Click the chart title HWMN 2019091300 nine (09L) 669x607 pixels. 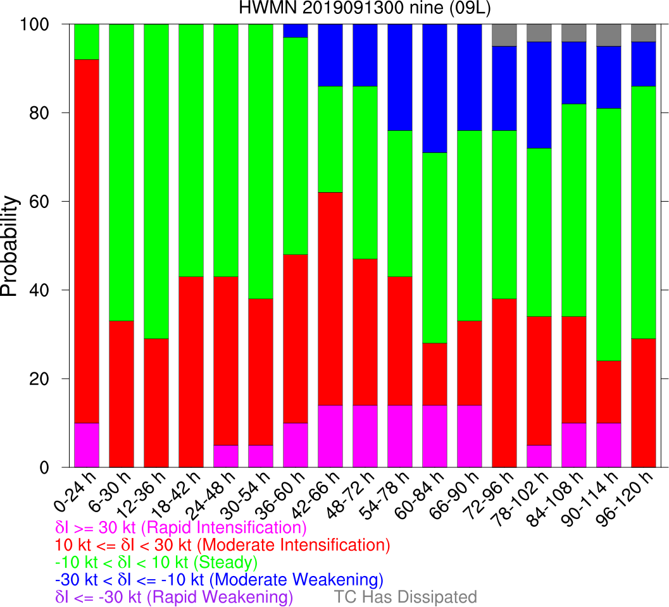click(334, 8)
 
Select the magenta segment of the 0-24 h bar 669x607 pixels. click(87, 445)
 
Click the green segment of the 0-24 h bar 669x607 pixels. click(87, 42)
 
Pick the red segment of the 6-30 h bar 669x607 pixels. click(122, 394)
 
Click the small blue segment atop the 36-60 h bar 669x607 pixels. click(295, 30)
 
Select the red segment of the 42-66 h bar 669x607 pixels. click(330, 298)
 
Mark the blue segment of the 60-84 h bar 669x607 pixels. click(434, 88)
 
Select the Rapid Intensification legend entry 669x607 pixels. click(181, 527)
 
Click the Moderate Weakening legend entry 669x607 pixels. click(219, 579)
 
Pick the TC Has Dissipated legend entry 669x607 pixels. click(405, 597)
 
